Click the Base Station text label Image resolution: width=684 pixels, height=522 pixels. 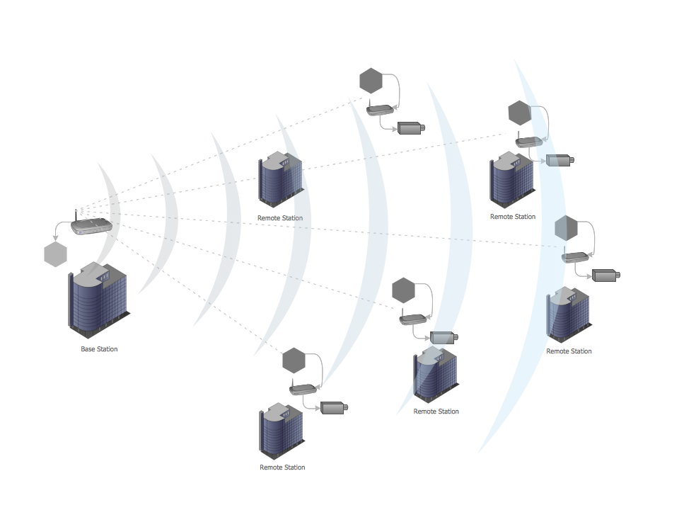pyautogui.click(x=99, y=349)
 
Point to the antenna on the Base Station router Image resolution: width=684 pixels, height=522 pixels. pyautogui.click(x=76, y=215)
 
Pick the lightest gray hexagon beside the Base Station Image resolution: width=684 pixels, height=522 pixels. pyautogui.click(x=55, y=254)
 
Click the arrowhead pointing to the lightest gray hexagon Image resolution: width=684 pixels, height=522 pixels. pyautogui.click(x=55, y=239)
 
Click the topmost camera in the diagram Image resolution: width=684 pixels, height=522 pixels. pyautogui.click(x=411, y=128)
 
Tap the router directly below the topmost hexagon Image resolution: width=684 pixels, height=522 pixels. pyautogui.click(x=380, y=110)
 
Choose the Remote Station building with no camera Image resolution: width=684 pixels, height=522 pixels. pyautogui.click(x=282, y=181)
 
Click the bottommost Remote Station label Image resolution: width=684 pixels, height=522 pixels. pyautogui.click(x=282, y=467)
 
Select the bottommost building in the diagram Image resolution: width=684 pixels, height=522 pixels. pyautogui.click(x=282, y=432)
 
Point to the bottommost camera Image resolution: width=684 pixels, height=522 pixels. pyautogui.click(x=334, y=407)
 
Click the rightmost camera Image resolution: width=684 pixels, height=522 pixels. pyautogui.click(x=605, y=275)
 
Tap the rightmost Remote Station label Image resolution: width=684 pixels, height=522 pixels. pyautogui.click(x=569, y=351)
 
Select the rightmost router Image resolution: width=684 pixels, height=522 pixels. pyautogui.click(x=576, y=257)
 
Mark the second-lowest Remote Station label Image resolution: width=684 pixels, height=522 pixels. pyautogui.click(x=436, y=412)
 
